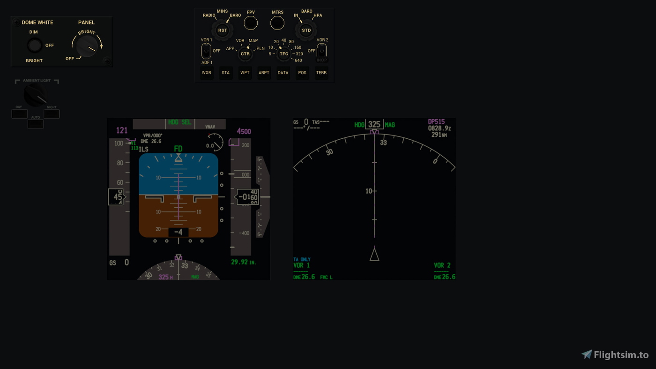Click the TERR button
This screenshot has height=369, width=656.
(321, 73)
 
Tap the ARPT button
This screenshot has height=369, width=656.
(264, 73)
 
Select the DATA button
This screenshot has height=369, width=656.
(283, 73)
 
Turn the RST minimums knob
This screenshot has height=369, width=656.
(223, 30)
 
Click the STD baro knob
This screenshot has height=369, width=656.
(306, 30)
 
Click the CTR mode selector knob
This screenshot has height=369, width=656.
(245, 54)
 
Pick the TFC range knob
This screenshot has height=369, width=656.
(284, 54)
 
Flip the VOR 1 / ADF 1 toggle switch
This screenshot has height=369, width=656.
(206, 51)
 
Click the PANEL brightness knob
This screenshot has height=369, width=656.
(87, 45)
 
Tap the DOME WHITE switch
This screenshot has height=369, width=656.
(34, 45)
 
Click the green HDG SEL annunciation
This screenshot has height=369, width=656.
(179, 122)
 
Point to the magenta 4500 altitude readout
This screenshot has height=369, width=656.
(244, 131)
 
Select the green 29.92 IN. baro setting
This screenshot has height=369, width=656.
(243, 262)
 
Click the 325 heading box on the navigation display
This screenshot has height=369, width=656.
(374, 124)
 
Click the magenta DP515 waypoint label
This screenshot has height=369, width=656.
(436, 122)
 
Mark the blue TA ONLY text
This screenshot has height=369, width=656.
(302, 259)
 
